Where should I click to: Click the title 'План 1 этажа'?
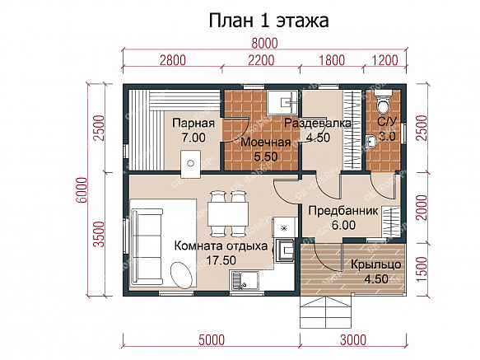click(x=268, y=21)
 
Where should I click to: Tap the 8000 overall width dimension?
click(x=264, y=43)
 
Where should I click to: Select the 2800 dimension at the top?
click(x=173, y=60)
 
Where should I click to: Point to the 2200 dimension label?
click(x=261, y=60)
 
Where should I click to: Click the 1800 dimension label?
click(x=332, y=60)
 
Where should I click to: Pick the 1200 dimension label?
click(x=385, y=60)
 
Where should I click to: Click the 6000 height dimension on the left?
click(x=82, y=190)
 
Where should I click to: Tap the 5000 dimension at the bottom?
click(x=212, y=340)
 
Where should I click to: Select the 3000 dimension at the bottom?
click(x=353, y=340)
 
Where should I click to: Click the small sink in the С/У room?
click(x=370, y=142)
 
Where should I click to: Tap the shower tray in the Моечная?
click(x=282, y=102)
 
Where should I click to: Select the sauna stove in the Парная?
click(x=190, y=164)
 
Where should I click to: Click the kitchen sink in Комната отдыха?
click(x=245, y=281)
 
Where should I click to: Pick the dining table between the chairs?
click(x=228, y=213)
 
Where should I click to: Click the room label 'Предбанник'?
click(x=343, y=211)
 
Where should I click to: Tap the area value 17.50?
click(x=221, y=260)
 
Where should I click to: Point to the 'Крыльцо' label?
click(x=376, y=264)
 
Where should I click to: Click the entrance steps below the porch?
click(x=326, y=312)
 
